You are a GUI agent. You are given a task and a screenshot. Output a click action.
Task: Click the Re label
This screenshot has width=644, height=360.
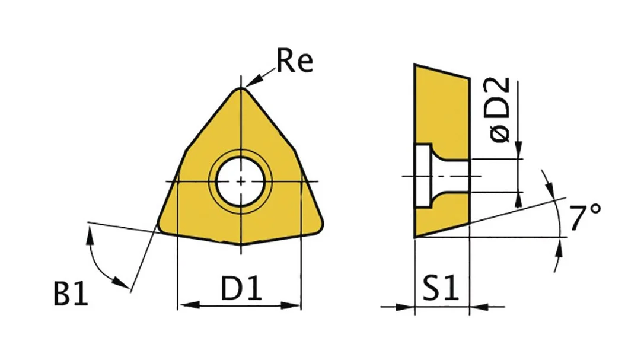coord(295,61)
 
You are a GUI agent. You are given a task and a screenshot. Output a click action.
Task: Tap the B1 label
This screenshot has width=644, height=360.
coord(71,293)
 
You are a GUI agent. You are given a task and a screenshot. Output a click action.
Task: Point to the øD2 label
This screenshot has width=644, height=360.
coord(499,110)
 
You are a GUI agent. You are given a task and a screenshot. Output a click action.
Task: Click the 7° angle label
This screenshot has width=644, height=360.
coord(585,217)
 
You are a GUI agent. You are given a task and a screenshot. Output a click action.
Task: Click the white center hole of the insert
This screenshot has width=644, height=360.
coord(241,181)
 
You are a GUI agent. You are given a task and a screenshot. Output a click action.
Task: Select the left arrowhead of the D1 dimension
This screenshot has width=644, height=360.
coord(189,305)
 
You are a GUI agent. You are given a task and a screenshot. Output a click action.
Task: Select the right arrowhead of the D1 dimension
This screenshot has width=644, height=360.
coord(291,305)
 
